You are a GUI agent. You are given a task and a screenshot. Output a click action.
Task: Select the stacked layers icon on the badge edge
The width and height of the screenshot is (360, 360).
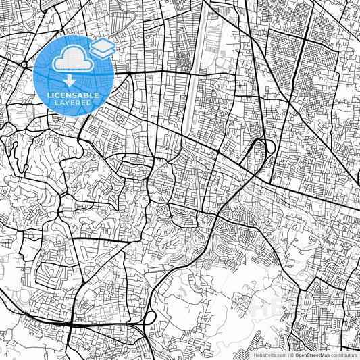(102, 48)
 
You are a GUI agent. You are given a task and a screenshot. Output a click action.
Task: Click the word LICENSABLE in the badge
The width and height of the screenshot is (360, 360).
(74, 95)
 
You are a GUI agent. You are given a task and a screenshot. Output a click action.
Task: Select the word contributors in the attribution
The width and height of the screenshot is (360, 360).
(344, 354)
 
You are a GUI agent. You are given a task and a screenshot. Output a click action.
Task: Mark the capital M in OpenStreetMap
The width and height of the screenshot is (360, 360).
(323, 354)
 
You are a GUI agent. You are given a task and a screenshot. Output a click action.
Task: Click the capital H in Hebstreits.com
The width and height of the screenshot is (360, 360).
(255, 354)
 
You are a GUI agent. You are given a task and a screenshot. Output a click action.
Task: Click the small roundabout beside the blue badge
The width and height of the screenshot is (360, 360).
(24, 64)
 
